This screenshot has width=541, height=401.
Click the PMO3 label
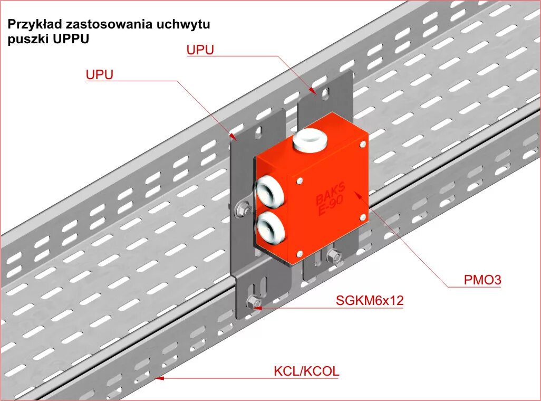pyautogui.click(x=482, y=280)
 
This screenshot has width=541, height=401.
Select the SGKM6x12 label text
pyautogui.click(x=369, y=301)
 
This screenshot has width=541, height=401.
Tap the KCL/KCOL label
pyautogui.click(x=306, y=371)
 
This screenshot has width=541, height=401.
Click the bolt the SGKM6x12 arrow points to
pyautogui.click(x=253, y=303)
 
